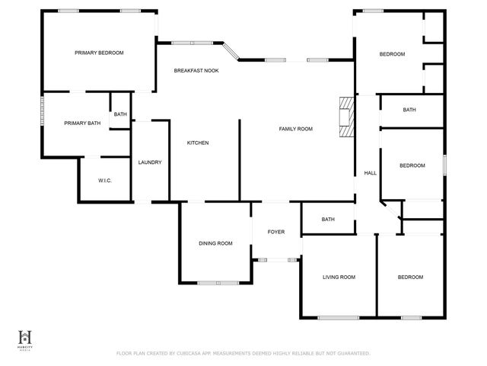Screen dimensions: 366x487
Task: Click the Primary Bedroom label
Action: (99, 53)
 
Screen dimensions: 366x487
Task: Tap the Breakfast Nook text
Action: (196, 71)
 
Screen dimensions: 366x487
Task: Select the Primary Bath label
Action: (82, 123)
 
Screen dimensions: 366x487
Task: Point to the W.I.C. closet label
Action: (105, 180)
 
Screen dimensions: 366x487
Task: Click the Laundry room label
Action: (150, 162)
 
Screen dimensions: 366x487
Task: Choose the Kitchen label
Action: (198, 143)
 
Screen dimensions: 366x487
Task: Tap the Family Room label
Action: (294, 129)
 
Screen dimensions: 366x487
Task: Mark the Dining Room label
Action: (215, 243)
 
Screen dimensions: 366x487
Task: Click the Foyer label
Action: (275, 231)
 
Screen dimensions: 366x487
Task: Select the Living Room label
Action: (339, 277)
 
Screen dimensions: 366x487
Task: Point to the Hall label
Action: (370, 173)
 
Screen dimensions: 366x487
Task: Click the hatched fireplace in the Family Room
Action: (346, 117)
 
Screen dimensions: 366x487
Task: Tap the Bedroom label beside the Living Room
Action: (410, 277)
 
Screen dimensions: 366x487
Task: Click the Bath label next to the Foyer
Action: (328, 220)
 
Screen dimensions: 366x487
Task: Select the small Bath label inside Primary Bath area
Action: (120, 114)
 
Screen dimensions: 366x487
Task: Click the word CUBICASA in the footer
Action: (188, 353)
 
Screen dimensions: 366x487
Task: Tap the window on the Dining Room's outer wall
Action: (218, 283)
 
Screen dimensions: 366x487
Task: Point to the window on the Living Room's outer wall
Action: (339, 317)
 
